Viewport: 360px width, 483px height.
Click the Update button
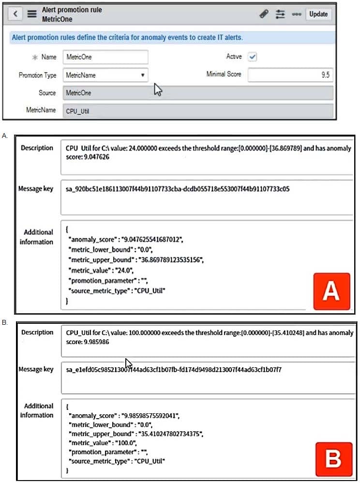click(318, 14)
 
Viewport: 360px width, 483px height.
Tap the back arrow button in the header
click(15, 14)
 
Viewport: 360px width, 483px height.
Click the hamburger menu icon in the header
click(31, 14)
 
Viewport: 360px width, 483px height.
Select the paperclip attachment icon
click(264, 14)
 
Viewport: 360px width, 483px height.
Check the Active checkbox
click(253, 57)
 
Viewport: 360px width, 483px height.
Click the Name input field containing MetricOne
click(105, 57)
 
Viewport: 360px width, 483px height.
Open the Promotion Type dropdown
click(105, 75)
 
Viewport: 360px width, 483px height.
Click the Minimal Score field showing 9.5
click(290, 75)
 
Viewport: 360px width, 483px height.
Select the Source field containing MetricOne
click(198, 93)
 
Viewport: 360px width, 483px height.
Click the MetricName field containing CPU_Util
click(198, 111)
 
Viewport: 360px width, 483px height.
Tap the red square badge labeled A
click(331, 291)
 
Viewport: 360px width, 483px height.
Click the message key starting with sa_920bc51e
click(178, 189)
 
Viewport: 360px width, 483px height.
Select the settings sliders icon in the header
click(280, 14)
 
